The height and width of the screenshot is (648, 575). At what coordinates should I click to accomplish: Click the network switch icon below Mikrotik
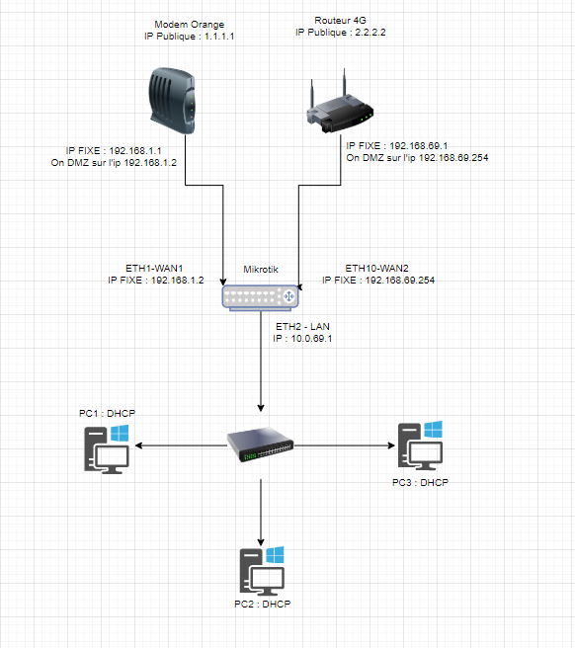tap(261, 445)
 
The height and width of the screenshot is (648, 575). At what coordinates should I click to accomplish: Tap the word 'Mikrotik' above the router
tap(262, 269)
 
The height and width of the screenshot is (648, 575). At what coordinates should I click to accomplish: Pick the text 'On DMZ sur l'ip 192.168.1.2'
tap(114, 163)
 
